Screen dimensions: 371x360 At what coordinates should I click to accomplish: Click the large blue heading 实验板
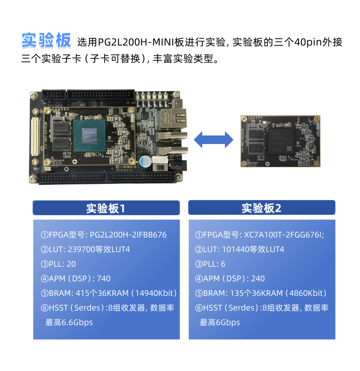tap(46, 41)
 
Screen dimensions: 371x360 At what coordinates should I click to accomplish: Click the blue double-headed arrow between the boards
tap(214, 140)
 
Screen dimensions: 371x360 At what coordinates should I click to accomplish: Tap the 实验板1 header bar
tap(106, 208)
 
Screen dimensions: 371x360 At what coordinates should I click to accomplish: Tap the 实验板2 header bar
tap(262, 208)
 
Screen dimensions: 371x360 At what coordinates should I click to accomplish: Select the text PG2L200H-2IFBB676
tap(128, 235)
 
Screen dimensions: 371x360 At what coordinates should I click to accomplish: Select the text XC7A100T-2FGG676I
tap(284, 235)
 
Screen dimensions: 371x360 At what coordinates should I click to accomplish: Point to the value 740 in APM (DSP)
tap(103, 279)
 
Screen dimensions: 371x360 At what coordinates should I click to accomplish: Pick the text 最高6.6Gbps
tap(69, 322)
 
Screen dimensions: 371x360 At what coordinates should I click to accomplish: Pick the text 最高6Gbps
tap(220, 322)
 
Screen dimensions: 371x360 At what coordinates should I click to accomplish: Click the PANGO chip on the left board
tap(89, 136)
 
